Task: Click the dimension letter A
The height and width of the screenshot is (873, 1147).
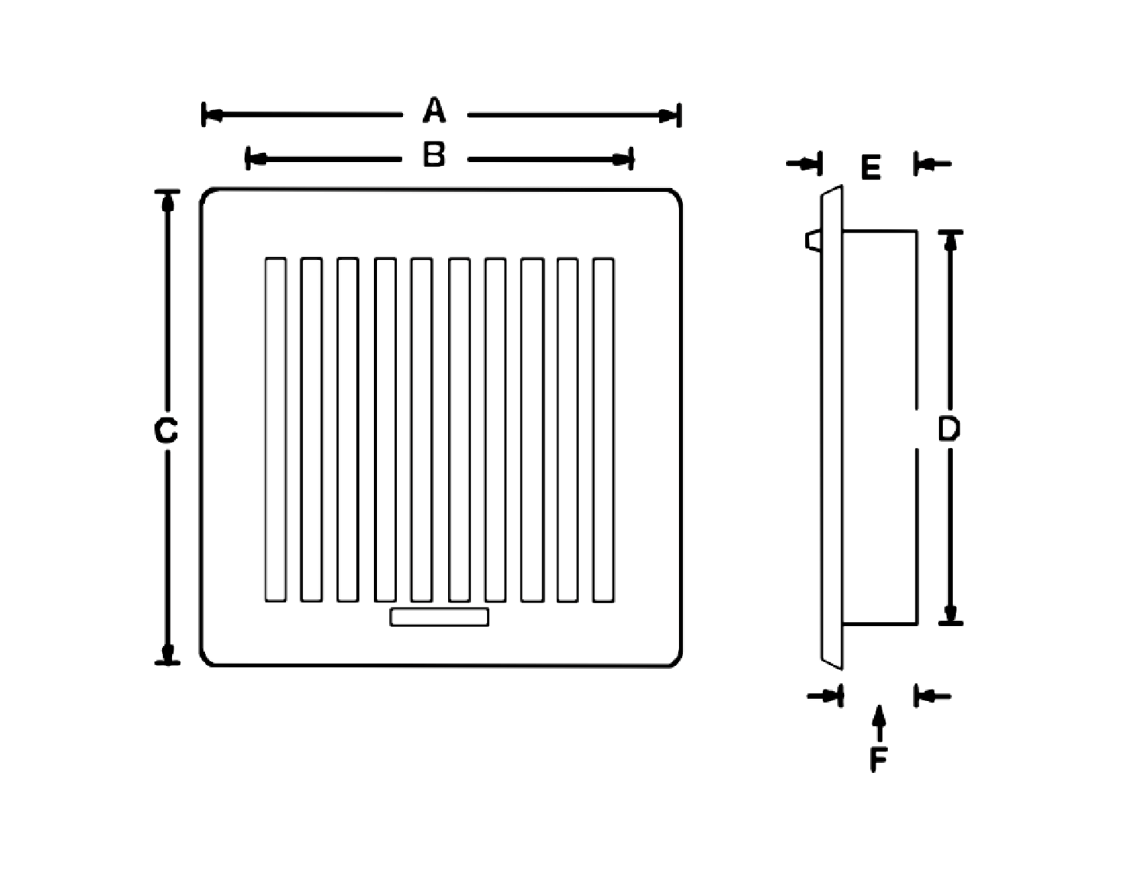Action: click(x=434, y=110)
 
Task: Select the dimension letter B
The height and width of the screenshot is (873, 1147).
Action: click(x=434, y=154)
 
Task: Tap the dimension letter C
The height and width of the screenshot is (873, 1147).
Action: click(x=166, y=431)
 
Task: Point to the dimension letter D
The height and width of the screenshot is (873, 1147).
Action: click(x=948, y=429)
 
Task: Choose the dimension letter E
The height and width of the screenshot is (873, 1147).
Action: click(x=870, y=167)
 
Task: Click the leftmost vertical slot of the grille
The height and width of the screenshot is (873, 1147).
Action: click(x=275, y=430)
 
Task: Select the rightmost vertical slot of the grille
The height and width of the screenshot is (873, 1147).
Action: click(x=603, y=430)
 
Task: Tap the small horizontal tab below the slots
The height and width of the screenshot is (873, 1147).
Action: click(x=439, y=617)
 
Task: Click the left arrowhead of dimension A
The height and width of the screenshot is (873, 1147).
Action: click(x=213, y=115)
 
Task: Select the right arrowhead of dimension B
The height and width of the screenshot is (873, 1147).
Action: click(x=622, y=159)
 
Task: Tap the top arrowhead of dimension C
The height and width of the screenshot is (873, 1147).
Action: click(x=167, y=202)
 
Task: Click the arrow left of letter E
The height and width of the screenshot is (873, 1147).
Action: click(x=803, y=164)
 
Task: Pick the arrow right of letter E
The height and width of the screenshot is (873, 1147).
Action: click(x=934, y=164)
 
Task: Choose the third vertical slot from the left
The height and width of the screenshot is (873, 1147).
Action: click(x=347, y=430)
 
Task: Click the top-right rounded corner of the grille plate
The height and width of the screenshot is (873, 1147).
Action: click(x=674, y=196)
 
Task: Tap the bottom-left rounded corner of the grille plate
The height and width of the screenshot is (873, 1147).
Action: click(x=207, y=658)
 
